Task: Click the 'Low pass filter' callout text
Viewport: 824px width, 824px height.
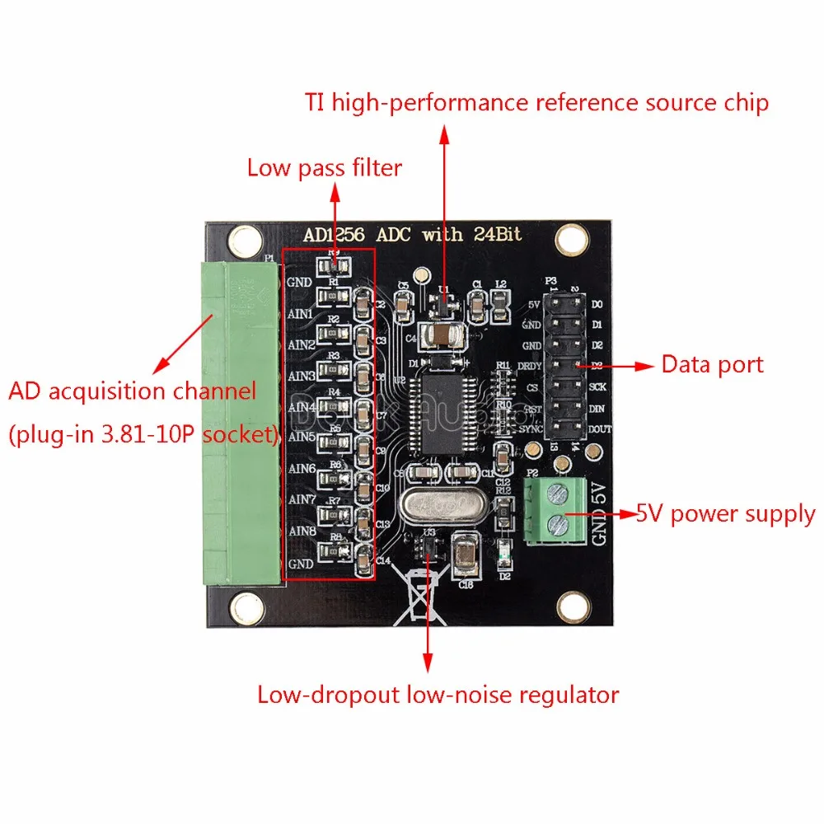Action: [324, 168]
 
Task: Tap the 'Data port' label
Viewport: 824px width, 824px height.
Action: [713, 364]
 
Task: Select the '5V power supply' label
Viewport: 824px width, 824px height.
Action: [725, 514]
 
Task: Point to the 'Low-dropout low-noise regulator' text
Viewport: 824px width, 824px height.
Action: [438, 695]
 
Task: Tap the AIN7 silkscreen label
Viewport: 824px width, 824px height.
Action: [301, 500]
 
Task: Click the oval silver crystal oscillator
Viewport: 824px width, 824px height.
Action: [438, 503]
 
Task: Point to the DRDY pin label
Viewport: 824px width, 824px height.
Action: [529, 368]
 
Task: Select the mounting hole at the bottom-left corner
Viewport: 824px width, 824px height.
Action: [246, 609]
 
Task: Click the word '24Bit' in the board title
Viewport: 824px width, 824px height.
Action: [497, 234]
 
